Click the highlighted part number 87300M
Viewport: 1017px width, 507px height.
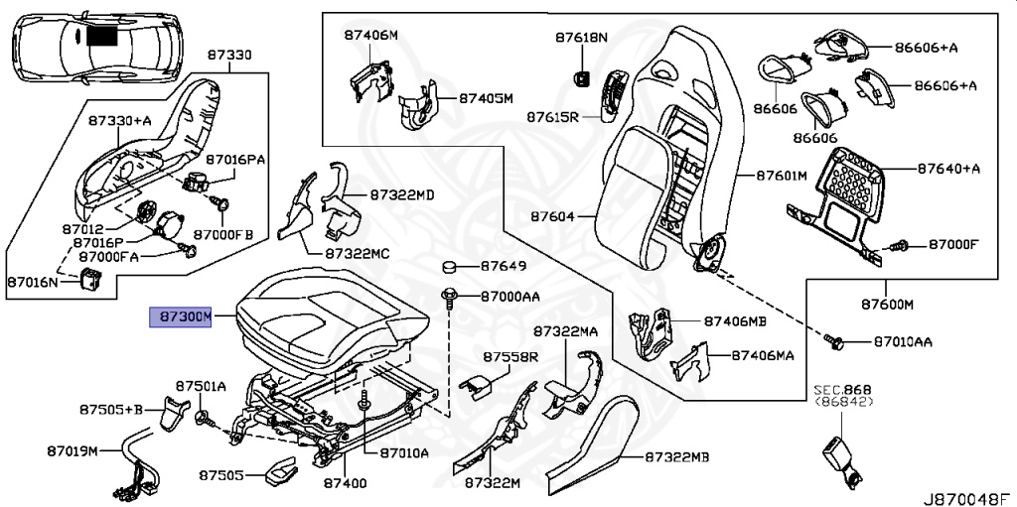[181, 317]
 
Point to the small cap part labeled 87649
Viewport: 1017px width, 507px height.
[449, 267]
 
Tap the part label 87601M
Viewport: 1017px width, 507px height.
[781, 176]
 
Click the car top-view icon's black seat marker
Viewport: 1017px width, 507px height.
[101, 36]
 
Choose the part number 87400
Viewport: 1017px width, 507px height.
[345, 483]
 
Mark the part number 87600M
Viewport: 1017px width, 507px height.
[887, 303]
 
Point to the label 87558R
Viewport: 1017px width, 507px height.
[510, 356]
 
